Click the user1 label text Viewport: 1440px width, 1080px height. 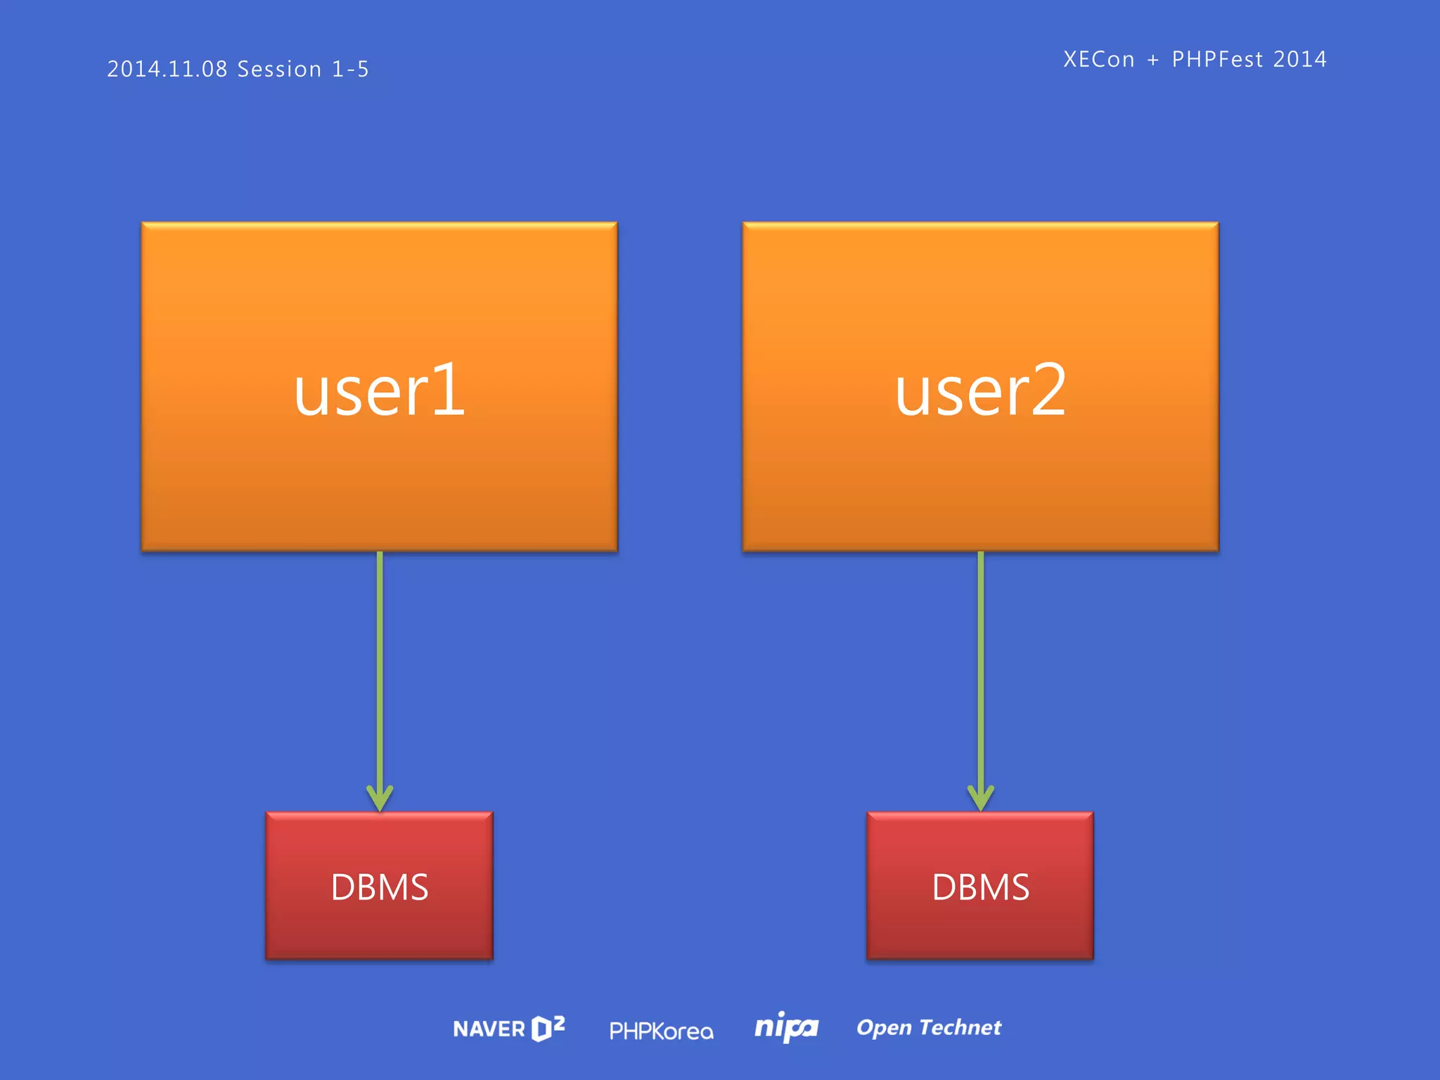[379, 391]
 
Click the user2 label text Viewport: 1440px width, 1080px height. [980, 391]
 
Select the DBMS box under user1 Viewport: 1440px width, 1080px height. [379, 886]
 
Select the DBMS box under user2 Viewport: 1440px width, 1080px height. [980, 886]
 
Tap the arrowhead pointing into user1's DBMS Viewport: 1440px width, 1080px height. [380, 799]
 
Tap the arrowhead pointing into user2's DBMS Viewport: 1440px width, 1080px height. [981, 799]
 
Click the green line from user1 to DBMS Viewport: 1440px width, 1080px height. [380, 668]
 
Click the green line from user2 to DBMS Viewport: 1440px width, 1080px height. [981, 668]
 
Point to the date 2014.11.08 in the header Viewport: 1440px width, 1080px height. [167, 69]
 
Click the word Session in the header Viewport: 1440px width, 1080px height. [279, 69]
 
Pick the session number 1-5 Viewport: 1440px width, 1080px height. [350, 69]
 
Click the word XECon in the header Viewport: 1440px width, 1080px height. [1099, 59]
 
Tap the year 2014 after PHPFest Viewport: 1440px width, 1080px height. [1300, 59]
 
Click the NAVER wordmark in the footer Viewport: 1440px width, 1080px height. [489, 1029]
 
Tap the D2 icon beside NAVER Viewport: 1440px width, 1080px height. [548, 1028]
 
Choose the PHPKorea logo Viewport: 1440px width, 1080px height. [661, 1031]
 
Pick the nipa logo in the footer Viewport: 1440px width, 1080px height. [786, 1028]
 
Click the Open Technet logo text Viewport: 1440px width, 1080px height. [929, 1028]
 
